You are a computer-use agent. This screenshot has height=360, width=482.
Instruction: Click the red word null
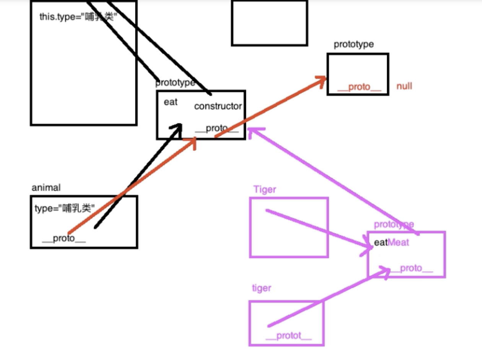pos(404,86)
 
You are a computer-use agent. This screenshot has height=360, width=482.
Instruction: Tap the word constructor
pos(218,106)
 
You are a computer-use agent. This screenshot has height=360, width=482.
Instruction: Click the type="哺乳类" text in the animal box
pos(65,209)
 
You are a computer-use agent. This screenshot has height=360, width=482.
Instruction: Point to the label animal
pos(46,188)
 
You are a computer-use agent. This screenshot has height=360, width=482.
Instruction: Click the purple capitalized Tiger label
pos(265,190)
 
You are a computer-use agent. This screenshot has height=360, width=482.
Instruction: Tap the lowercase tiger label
pos(262,288)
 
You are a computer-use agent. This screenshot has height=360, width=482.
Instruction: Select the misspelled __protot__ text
pos(288,336)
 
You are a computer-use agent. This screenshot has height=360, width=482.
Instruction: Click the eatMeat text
pos(391,242)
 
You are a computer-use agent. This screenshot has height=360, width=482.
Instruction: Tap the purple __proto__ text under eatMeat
pos(412,268)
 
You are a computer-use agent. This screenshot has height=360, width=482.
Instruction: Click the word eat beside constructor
pos(171,102)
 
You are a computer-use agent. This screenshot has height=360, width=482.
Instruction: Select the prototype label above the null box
pos(353,44)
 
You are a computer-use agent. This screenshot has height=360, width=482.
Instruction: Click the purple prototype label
pos(394,224)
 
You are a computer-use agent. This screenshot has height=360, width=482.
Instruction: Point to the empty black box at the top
pos(269,23)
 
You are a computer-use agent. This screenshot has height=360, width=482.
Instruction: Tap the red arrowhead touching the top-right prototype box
pos(321,79)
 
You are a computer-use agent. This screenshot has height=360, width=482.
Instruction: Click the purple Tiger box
pos(289,227)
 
